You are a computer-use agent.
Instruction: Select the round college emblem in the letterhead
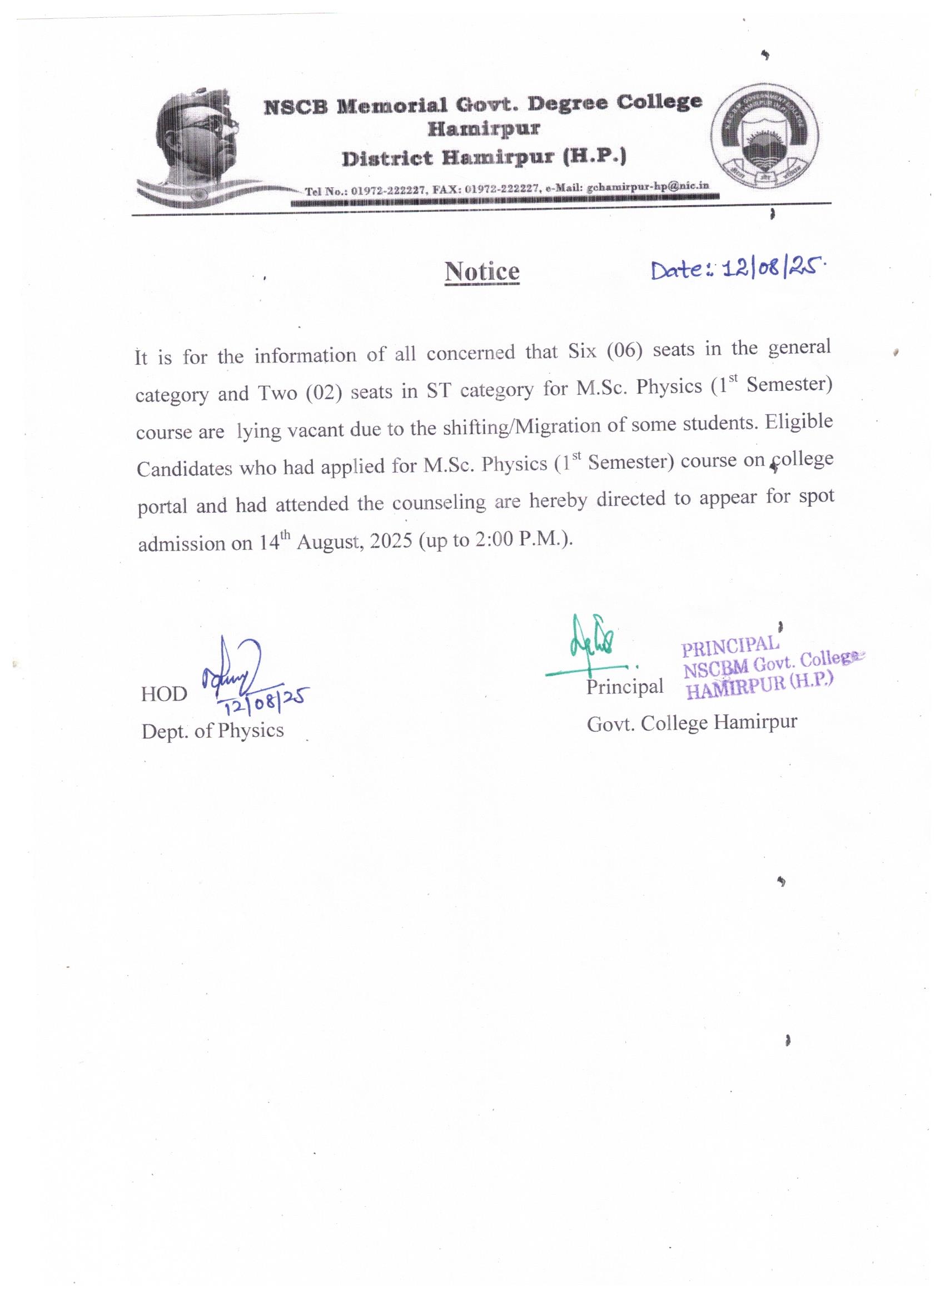[x=765, y=138]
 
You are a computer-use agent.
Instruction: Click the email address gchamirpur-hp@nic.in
[x=648, y=187]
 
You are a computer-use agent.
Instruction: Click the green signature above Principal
[x=593, y=643]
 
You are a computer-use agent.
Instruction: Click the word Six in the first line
[x=581, y=351]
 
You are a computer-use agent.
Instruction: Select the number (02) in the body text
[x=323, y=393]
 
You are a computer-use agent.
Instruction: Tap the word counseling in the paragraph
[x=439, y=503]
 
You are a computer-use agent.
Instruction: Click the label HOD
[x=164, y=694]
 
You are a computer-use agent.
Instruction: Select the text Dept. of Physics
[x=212, y=731]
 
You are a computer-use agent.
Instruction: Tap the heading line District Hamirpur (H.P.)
[x=484, y=157]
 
